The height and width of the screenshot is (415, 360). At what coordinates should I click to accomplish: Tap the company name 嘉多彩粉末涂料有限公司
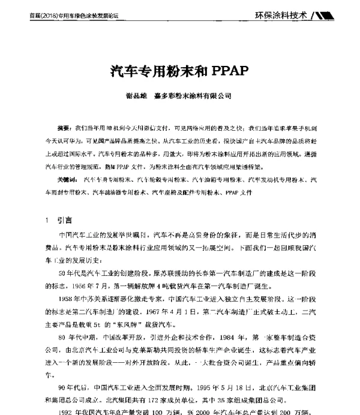[193, 95]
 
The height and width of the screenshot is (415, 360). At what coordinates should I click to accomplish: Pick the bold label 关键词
[66, 180]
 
